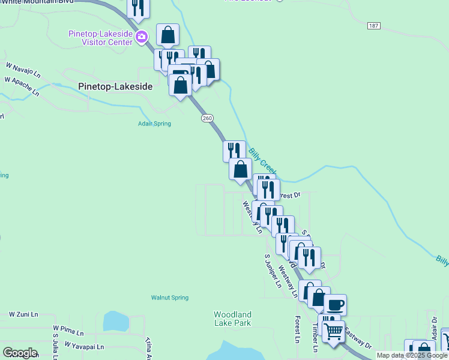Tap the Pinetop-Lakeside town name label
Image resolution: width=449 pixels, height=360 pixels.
tap(115, 86)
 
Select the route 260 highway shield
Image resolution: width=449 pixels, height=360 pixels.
tap(207, 119)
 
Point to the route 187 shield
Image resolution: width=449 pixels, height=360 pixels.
tap(375, 26)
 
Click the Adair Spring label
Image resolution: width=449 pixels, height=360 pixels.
tap(155, 124)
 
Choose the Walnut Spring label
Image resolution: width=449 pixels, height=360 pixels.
tap(169, 298)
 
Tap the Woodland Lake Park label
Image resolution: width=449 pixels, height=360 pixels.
tap(232, 319)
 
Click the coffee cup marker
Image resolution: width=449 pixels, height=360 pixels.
tap(335, 305)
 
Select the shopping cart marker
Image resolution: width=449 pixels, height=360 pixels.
tap(333, 330)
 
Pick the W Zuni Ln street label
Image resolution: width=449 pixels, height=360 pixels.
tap(23, 314)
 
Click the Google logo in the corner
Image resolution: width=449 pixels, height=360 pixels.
tap(20, 352)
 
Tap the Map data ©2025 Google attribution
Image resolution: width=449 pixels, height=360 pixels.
tap(412, 355)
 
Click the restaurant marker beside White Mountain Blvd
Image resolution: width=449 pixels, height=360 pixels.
tap(138, 7)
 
